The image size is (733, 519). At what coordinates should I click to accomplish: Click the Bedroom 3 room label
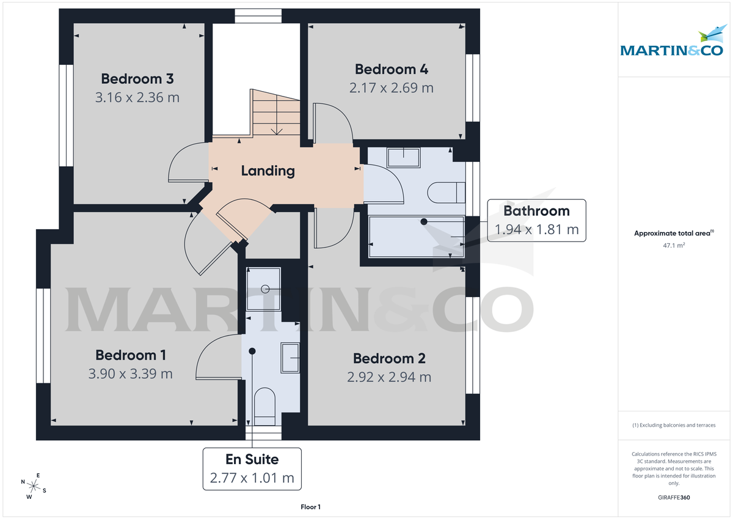[137, 79]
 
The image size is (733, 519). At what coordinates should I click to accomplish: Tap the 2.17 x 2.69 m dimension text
[392, 87]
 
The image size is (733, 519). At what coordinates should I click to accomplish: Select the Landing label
[268, 171]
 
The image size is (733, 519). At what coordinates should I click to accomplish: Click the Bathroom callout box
[536, 221]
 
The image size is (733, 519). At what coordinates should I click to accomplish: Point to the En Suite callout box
[252, 468]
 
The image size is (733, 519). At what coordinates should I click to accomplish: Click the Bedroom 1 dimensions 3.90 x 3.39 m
[131, 374]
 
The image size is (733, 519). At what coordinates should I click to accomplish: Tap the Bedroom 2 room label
[389, 359]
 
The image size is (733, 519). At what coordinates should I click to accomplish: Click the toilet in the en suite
[264, 406]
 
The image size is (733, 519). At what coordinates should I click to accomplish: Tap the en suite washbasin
[290, 357]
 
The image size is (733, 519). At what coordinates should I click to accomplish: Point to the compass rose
[34, 486]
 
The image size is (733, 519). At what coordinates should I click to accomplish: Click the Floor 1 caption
[310, 507]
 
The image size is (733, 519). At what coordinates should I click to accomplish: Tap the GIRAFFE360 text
[674, 498]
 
